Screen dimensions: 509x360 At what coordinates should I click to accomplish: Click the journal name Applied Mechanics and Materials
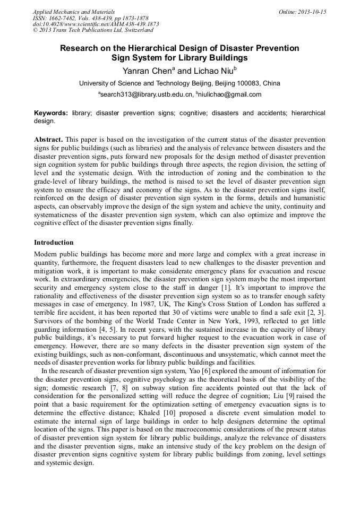(74, 12)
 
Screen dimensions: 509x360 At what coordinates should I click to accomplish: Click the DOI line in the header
(96, 24)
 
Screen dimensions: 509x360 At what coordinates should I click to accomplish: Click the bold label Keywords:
(51, 114)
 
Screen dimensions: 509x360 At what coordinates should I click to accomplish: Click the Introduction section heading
(54, 243)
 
